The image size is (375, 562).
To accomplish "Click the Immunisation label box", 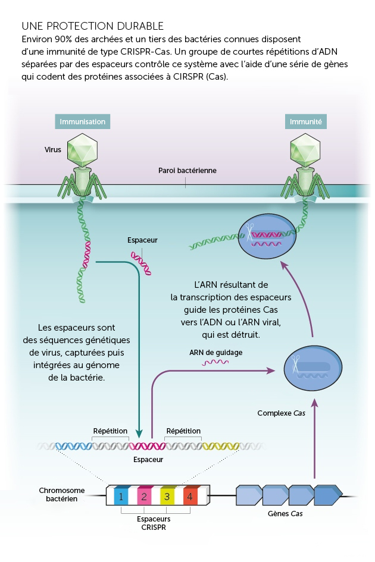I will (82, 121).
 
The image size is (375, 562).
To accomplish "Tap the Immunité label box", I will (306, 121).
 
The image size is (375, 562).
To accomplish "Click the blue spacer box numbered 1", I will (121, 495).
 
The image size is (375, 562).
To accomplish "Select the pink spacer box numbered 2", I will (143, 495).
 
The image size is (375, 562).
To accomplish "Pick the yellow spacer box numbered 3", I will (167, 495).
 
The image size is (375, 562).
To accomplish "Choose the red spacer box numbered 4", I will (189, 495).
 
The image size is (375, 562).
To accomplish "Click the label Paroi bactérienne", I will (187, 171).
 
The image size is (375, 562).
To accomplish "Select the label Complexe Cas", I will (281, 413).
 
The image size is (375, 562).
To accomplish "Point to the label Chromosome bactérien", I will (62, 495).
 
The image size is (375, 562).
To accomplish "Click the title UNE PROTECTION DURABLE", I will (92, 27).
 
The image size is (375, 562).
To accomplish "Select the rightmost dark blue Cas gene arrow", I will (327, 495).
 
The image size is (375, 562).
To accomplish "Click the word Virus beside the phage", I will (53, 150).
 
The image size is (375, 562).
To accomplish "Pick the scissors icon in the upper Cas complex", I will (252, 229).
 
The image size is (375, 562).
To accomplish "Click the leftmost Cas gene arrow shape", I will (249, 495).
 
